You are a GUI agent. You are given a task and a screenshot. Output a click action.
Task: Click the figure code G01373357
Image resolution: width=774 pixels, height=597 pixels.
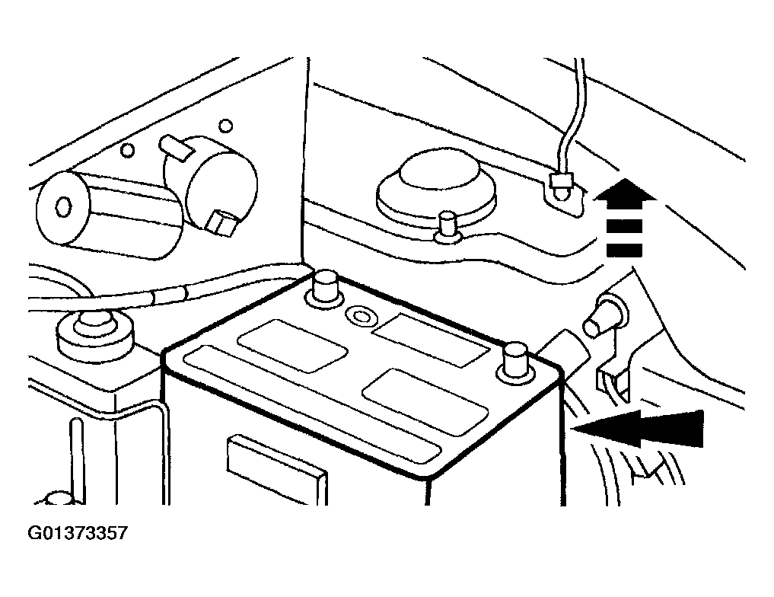[78, 533]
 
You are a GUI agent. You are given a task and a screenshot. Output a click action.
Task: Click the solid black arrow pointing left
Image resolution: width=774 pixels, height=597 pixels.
[638, 428]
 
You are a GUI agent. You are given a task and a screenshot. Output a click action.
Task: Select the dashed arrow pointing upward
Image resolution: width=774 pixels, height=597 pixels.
[624, 218]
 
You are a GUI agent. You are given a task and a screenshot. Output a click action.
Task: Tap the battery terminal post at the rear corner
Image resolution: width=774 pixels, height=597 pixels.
[324, 289]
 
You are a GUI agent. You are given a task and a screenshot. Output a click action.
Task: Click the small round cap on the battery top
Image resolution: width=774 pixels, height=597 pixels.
[360, 315]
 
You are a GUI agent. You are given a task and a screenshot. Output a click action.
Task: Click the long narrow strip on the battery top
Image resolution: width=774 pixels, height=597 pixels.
[312, 405]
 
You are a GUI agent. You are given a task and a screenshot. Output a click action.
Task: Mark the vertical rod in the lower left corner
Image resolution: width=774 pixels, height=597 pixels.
[77, 460]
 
